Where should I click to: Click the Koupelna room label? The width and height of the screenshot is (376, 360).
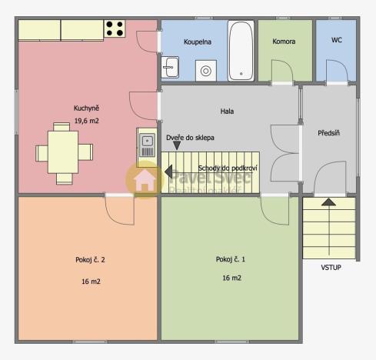click(x=198, y=41)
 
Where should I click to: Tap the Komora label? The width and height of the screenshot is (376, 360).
click(x=284, y=41)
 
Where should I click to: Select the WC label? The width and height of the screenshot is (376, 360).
click(x=336, y=40)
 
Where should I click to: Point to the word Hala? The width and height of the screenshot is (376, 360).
click(x=226, y=112)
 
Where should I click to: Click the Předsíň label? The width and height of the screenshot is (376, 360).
click(x=330, y=133)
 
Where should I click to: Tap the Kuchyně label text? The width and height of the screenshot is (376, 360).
click(x=86, y=108)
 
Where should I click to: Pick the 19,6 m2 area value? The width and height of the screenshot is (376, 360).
click(x=86, y=121)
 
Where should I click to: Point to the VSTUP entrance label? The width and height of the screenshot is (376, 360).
click(x=331, y=268)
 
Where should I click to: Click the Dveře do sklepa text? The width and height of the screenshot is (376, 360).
click(x=190, y=138)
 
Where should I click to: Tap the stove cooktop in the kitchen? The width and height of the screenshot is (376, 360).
click(x=115, y=29)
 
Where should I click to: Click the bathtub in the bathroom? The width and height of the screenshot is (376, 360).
click(x=241, y=51)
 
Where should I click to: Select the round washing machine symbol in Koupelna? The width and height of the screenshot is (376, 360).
click(x=205, y=71)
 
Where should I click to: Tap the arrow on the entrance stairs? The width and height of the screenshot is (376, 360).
click(x=328, y=202)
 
